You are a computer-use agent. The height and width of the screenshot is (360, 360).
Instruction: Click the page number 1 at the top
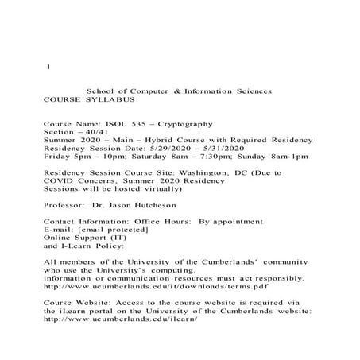point(48,67)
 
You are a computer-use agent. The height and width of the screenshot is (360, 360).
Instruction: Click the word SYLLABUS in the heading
point(113,101)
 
